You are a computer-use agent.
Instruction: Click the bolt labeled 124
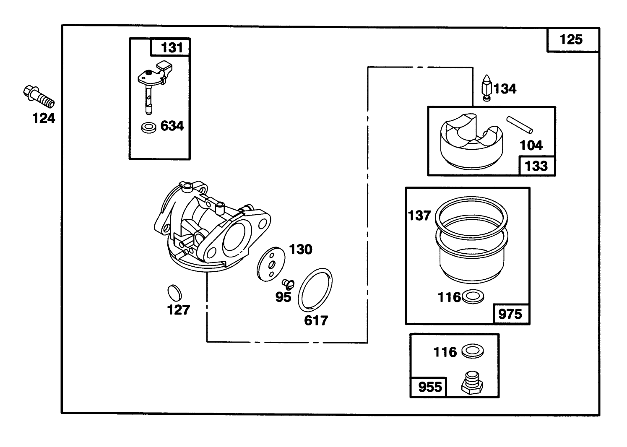39,96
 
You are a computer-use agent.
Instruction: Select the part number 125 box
572,40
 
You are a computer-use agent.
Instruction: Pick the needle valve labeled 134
486,88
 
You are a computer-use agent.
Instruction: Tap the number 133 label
536,166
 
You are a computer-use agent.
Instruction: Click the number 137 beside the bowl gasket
419,216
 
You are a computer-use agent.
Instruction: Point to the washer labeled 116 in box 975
472,297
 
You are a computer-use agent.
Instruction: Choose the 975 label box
510,314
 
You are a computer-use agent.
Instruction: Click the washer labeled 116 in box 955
472,351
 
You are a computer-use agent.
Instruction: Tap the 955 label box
430,387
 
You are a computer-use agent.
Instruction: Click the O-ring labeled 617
315,290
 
